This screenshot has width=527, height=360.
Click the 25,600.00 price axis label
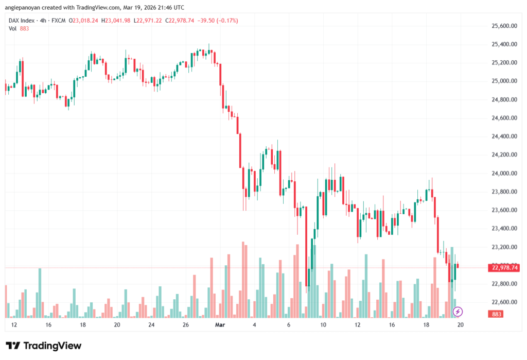(x=504, y=26)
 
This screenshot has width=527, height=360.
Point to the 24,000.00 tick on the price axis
(x=504, y=173)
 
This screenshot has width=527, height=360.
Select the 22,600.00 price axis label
(x=504, y=302)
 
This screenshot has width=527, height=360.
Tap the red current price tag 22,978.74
(x=505, y=267)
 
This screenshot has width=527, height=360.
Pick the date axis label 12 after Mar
(x=357, y=325)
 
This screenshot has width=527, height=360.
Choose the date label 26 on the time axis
(x=186, y=325)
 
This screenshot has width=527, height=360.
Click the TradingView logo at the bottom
(x=43, y=346)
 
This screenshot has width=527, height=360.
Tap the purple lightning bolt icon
(x=458, y=312)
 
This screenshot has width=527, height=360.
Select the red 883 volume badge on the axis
(x=497, y=314)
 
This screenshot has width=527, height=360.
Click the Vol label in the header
(x=12, y=28)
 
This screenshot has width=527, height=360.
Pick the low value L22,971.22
(x=149, y=20)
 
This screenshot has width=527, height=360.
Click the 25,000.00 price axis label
(x=504, y=81)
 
